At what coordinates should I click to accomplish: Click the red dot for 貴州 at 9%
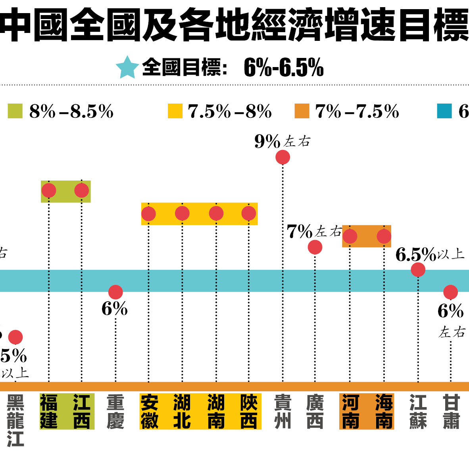tap(283, 157)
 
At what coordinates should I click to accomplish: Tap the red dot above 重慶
tap(115, 292)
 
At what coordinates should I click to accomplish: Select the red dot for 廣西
tap(315, 247)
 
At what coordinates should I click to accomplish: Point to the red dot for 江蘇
tap(418, 270)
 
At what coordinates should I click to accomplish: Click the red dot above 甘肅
tap(451, 292)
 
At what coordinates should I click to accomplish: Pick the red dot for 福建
tap(49, 190)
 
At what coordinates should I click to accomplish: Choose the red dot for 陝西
tap(249, 213)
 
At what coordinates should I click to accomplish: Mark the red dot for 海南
tap(384, 236)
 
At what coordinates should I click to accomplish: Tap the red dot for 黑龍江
tap(15, 337)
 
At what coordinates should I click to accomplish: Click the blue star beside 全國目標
tap(127, 67)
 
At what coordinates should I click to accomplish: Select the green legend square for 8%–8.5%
tap(15, 111)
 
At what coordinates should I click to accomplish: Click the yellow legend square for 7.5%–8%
tap(175, 111)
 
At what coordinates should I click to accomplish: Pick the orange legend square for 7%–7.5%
tap(302, 111)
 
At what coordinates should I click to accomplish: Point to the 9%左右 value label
tap(282, 141)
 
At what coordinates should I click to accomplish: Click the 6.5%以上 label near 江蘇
tap(429, 254)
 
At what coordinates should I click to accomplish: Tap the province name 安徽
tap(150, 412)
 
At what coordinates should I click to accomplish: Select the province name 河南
tap(350, 412)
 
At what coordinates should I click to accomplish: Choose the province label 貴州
tap(283, 412)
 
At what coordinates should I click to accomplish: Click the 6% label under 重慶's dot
tap(115, 309)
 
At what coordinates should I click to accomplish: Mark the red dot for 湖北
tap(182, 213)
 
